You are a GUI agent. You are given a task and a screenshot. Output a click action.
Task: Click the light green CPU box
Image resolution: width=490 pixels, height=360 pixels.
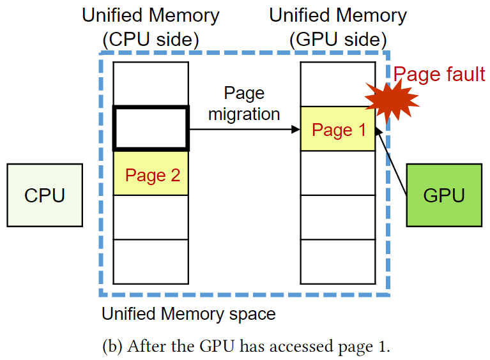[44, 195]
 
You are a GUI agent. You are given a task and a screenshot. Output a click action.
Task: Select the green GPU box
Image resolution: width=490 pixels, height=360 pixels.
[443, 195]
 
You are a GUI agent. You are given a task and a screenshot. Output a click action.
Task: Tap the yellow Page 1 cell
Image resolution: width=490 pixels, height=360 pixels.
[338, 130]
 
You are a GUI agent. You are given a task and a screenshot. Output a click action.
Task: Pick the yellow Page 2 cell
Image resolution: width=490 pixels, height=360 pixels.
[151, 174]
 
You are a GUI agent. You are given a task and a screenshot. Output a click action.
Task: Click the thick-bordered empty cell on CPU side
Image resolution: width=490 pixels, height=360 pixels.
[151, 128]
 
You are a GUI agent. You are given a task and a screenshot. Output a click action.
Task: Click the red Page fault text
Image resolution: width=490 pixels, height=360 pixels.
[439, 74]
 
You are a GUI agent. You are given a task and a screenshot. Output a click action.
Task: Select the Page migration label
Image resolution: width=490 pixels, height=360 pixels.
[244, 103]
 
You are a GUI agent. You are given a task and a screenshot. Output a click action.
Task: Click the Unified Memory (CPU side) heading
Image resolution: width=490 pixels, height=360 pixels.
[151, 27]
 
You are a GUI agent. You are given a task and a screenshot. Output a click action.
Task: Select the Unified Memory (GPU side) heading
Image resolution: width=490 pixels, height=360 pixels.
[338, 27]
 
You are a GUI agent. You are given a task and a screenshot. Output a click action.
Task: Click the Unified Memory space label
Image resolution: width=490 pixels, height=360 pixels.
[188, 314]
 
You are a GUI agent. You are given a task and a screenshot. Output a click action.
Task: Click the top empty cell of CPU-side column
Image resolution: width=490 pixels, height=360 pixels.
[151, 84]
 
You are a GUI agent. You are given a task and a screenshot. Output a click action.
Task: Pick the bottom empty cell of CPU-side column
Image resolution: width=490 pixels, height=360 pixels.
[151, 261]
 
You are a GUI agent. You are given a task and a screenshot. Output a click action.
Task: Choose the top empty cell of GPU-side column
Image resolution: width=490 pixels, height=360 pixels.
[338, 84]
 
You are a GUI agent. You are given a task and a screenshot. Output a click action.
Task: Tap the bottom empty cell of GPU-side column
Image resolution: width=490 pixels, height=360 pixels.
[338, 261]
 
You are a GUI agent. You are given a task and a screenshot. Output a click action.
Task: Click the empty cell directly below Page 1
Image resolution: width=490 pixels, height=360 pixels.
[338, 173]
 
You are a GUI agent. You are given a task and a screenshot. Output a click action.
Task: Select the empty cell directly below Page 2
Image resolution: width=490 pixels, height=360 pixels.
[151, 217]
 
